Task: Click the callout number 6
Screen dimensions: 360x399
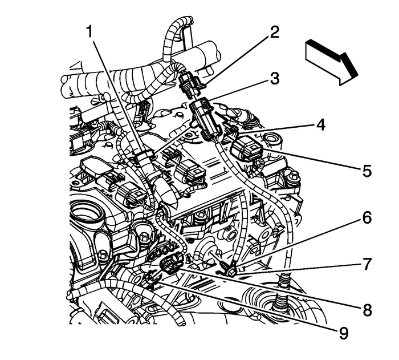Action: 367,217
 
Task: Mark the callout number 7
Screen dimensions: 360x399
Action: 367,264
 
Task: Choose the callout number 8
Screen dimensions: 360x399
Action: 367,310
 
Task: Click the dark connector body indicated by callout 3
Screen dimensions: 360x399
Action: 205,117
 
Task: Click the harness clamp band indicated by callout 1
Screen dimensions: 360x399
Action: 143,156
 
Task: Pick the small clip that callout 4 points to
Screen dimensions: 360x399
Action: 228,132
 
